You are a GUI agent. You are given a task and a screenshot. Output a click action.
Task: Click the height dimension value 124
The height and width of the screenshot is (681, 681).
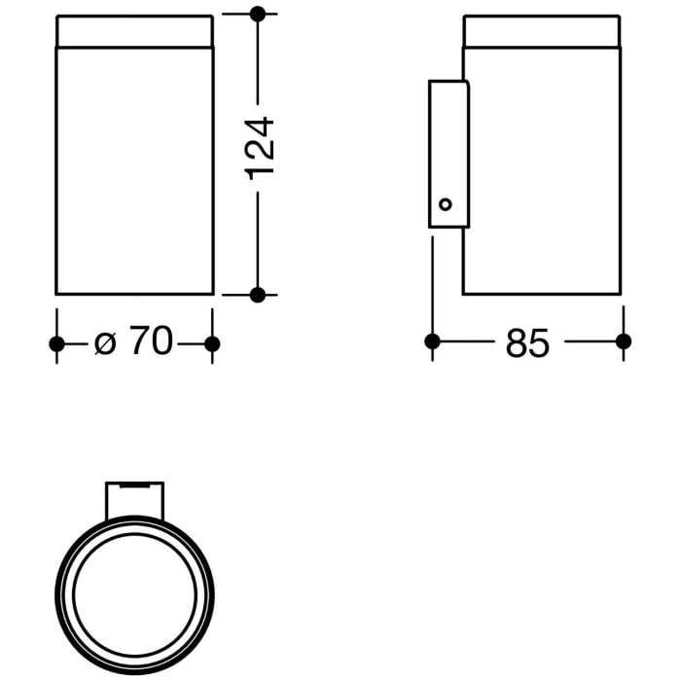point(260,147)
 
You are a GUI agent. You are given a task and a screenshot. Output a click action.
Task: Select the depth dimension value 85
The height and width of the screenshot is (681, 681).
point(528,342)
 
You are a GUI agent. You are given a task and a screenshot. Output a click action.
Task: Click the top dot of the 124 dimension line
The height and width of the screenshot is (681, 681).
point(258,15)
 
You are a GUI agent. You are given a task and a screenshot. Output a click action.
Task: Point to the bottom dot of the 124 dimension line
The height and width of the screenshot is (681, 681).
point(258,294)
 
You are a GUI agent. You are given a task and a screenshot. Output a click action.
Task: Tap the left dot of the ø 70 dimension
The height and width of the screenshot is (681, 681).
point(56,343)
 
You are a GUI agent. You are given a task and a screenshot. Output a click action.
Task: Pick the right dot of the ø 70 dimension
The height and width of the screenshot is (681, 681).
point(213,343)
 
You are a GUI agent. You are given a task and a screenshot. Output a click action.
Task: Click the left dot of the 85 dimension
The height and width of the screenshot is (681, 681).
point(433,341)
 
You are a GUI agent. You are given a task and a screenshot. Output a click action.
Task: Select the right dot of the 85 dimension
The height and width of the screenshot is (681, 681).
point(624,341)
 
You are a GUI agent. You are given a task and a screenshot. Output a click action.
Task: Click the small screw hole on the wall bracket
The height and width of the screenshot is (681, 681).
point(446,204)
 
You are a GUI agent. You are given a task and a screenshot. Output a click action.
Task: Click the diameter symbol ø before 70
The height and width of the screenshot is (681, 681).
point(105,343)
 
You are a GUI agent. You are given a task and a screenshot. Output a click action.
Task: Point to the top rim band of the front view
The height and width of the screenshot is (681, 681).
point(134,31)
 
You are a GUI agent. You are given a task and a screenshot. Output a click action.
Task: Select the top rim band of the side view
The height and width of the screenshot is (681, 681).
point(541,31)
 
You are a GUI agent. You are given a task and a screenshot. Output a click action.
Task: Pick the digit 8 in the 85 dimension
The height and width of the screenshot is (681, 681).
point(517,342)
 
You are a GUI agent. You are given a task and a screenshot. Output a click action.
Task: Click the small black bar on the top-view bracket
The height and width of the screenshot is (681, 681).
point(134,483)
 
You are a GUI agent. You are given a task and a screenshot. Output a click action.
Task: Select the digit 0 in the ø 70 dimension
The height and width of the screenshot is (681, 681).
point(161,342)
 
